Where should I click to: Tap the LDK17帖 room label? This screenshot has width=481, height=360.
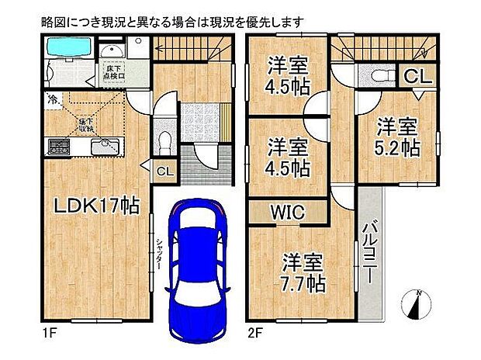click(95, 206)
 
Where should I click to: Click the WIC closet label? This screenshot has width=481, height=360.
click(288, 212)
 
